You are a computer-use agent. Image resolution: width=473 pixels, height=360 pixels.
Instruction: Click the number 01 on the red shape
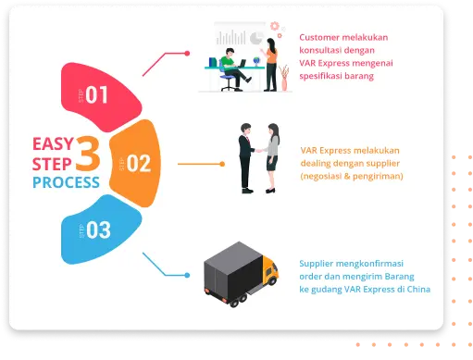96,94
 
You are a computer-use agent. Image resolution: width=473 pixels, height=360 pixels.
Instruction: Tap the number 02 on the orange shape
139,163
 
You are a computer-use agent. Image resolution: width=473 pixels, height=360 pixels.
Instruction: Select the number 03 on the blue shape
98,230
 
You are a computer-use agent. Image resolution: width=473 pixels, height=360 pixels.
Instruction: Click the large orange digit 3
88,154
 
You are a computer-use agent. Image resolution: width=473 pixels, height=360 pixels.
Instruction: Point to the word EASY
53,143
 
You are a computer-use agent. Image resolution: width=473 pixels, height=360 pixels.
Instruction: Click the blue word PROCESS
66,182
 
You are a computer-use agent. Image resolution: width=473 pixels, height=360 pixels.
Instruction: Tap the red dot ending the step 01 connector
187,54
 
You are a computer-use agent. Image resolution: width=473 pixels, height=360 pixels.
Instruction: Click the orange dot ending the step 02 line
222,164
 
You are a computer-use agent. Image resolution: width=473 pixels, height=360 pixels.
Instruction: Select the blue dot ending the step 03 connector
187,275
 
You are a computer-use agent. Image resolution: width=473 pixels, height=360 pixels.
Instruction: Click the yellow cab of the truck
269,270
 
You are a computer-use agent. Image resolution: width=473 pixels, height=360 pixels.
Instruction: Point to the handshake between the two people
258,151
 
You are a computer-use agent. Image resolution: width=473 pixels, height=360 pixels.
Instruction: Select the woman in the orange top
270,65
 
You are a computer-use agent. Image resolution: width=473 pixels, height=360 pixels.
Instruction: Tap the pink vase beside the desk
284,84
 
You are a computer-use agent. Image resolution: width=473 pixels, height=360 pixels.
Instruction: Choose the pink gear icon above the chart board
274,26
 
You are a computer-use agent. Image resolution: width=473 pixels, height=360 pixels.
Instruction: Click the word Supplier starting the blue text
317,264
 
